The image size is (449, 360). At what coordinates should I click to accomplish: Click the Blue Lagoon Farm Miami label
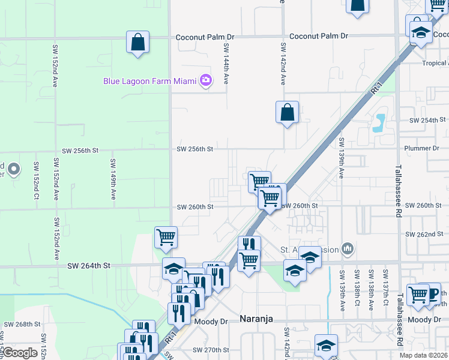coord(151,80)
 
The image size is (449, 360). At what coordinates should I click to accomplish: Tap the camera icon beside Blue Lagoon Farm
coord(206,80)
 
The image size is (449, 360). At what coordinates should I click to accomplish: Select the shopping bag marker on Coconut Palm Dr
coord(137,43)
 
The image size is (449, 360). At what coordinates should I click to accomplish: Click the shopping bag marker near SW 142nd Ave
coord(288,112)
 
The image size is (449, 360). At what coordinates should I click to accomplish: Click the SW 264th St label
coord(89,265)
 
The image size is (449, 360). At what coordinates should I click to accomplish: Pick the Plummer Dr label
coord(422,148)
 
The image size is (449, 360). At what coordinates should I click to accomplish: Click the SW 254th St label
coord(426,121)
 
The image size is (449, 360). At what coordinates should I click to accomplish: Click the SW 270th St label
coord(211,350)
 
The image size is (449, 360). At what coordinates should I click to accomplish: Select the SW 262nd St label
coord(424,234)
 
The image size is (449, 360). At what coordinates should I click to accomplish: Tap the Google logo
coord(20,353)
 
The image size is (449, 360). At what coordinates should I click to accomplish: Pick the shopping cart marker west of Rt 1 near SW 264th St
coord(166,236)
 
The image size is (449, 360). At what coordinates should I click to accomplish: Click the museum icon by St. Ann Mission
coord(347,248)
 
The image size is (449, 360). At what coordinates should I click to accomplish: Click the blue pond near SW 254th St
coord(379,122)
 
